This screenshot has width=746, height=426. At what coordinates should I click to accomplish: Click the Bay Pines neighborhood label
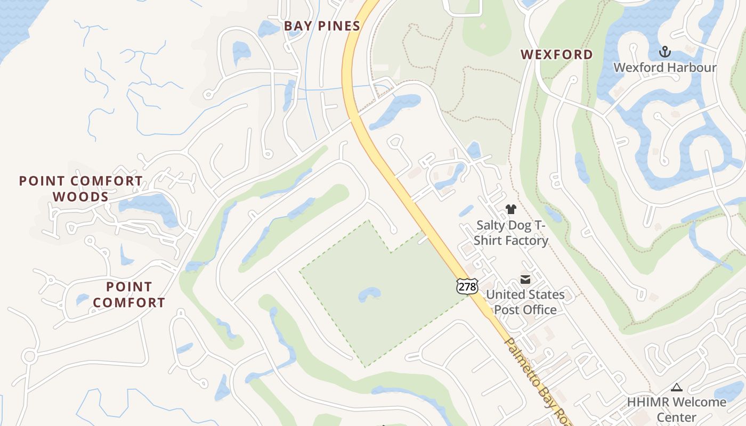coord(322,26)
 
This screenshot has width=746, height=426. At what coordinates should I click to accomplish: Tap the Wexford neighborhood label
coord(556,54)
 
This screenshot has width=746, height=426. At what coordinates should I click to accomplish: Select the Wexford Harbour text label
coord(665,68)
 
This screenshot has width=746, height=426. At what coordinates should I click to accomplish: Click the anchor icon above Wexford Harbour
coord(664,52)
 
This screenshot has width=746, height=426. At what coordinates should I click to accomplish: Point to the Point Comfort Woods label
coord(80,189)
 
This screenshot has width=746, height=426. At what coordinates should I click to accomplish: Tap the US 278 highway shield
coord(467,286)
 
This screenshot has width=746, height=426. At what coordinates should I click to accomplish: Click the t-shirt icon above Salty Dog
coord(511,209)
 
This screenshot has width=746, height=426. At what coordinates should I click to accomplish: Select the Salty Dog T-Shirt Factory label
coord(511,233)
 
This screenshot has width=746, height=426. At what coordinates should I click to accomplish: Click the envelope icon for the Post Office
coord(525,280)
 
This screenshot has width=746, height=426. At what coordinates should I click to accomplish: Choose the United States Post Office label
coord(525,302)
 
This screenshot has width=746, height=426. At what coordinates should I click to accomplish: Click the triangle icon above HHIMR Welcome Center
coord(677,387)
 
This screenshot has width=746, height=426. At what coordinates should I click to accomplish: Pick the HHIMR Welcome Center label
coord(677,409)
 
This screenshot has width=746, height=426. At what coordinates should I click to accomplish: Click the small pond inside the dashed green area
coord(370,294)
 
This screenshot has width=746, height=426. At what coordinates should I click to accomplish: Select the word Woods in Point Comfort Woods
coord(80,196)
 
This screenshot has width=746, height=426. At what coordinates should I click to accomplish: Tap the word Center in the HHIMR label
coord(677,417)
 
